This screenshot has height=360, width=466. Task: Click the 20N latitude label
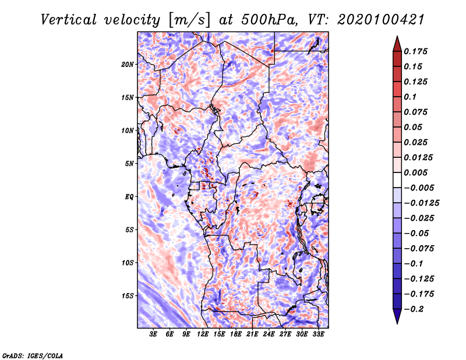128,64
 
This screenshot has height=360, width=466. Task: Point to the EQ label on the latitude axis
129,196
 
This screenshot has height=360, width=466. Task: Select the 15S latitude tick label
128,296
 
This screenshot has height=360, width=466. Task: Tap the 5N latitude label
129,164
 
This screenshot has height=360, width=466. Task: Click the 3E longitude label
153,334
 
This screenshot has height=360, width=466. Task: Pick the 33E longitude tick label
318,334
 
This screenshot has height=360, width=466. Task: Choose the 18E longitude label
236,334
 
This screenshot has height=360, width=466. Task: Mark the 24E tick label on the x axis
269,334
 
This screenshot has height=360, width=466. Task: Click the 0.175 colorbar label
415,51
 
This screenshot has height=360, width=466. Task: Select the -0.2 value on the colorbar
414,309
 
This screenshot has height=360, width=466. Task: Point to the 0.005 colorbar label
415,172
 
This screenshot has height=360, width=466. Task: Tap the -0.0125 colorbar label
421,203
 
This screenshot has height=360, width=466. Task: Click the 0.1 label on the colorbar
410,97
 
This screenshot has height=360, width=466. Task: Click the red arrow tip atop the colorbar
397,36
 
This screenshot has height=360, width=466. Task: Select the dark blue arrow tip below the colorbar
397,323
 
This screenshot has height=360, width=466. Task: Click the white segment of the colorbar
397,180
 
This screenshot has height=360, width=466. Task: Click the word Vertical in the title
68,20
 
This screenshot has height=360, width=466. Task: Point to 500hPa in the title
269,20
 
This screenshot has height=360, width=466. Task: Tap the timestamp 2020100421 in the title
381,20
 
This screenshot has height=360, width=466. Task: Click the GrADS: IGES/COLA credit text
33,356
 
